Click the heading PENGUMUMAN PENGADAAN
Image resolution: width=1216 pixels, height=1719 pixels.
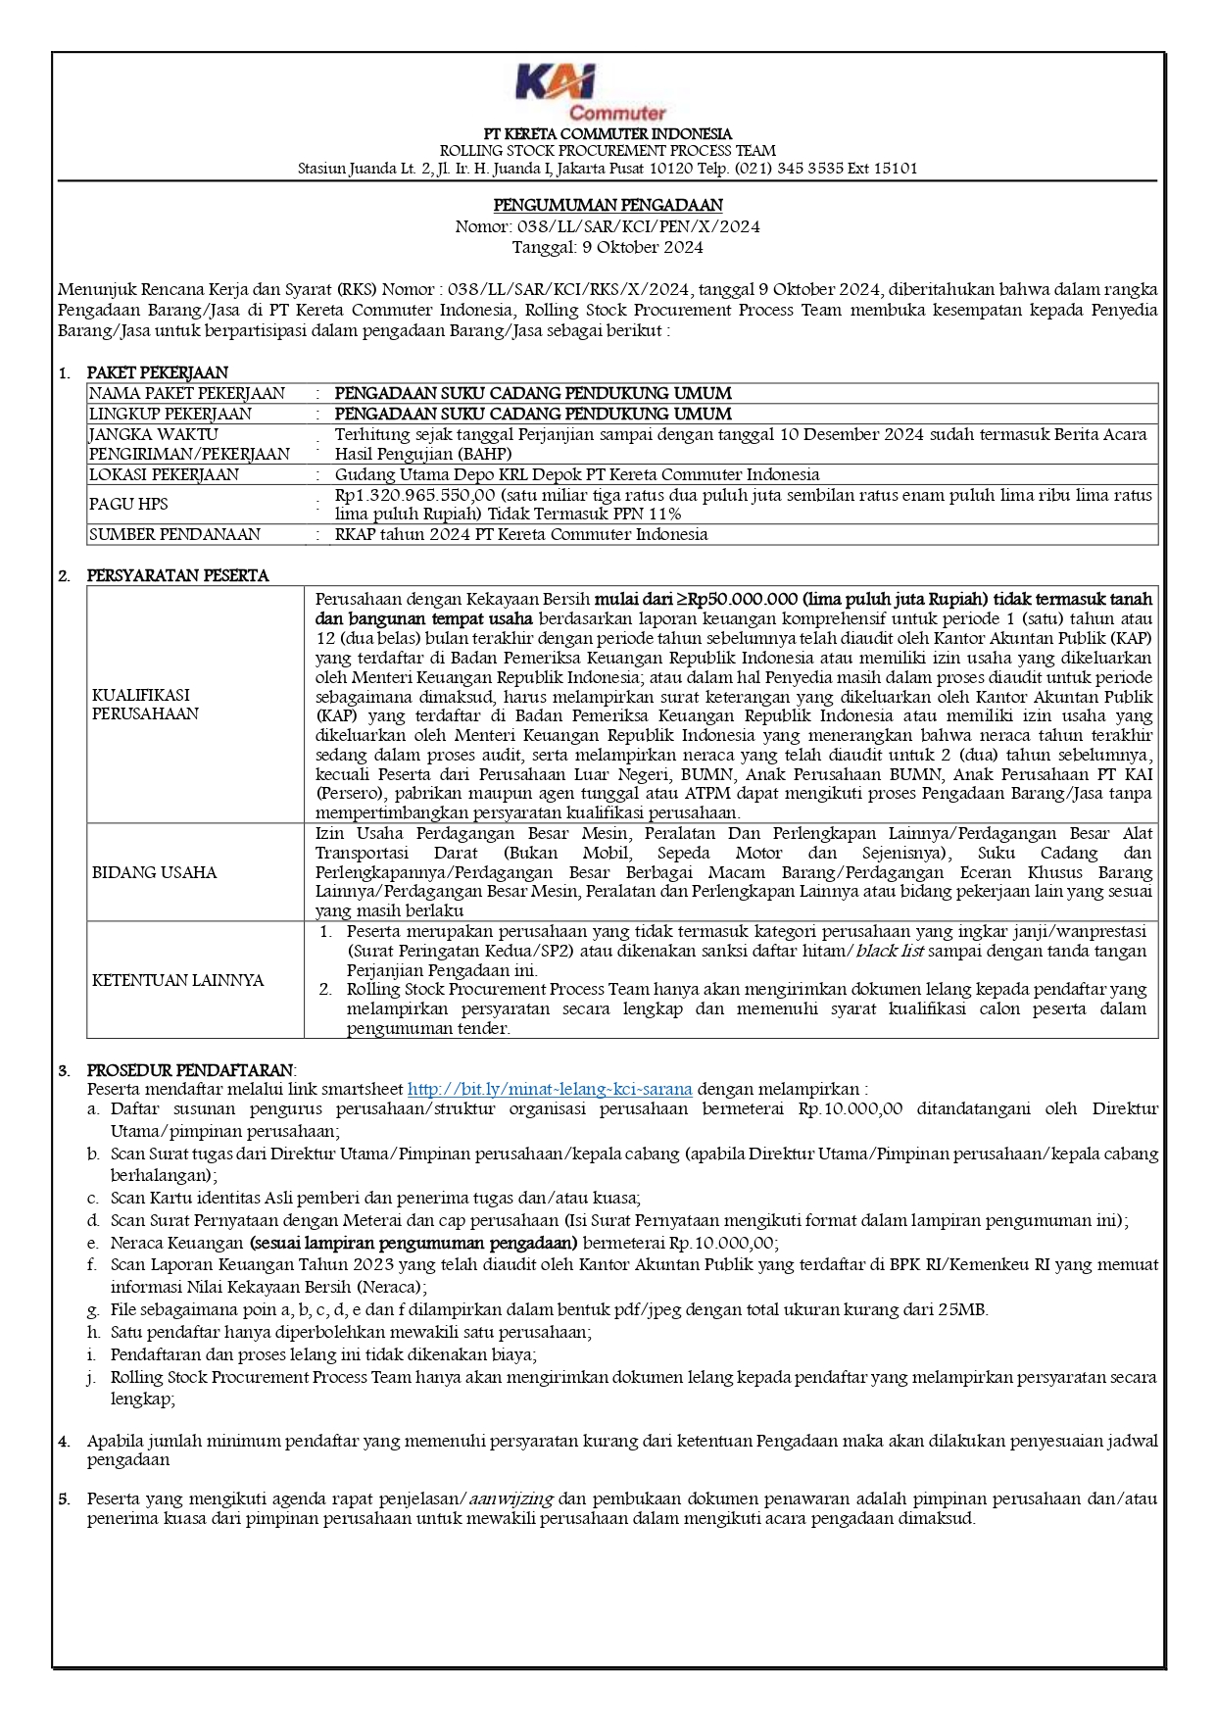(608, 205)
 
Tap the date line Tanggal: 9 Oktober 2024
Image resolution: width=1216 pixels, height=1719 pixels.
(608, 247)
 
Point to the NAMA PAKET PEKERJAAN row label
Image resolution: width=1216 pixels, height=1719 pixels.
(186, 393)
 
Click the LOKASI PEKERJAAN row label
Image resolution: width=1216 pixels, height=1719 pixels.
(164, 474)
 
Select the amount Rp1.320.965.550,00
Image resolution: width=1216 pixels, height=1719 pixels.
(415, 495)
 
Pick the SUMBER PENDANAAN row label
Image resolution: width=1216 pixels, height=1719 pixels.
(174, 534)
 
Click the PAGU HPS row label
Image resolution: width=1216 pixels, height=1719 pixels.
(128, 504)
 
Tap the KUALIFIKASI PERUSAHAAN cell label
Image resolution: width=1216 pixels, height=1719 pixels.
(145, 704)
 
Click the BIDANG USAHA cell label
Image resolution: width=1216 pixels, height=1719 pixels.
(154, 872)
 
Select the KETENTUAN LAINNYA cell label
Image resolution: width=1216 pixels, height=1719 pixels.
(177, 980)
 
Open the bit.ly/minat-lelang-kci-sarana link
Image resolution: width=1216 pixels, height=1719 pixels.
(550, 1089)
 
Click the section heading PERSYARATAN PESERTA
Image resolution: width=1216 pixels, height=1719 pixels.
(177, 575)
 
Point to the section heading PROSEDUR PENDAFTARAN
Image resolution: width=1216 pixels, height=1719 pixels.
(190, 1070)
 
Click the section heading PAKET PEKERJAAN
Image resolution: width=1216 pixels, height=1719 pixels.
(157, 372)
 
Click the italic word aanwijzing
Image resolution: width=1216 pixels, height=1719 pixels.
(511, 1498)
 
